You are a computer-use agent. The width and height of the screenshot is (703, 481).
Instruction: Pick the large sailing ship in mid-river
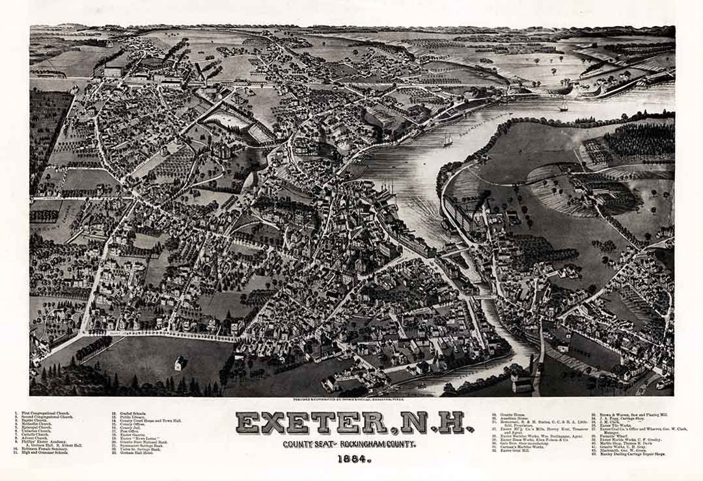(x=448, y=139)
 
